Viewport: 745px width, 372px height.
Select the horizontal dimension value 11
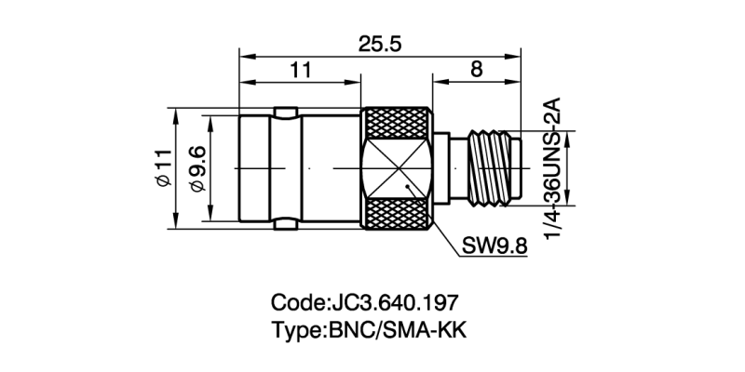299,69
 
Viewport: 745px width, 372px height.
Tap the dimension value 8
476,69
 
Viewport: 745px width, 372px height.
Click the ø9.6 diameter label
196,168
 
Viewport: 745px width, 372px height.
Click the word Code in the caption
295,303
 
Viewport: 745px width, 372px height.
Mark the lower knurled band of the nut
398,214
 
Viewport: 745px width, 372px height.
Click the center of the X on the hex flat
398,168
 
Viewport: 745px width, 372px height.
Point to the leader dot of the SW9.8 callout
408,190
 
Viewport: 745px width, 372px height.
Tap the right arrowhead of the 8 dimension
517,82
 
